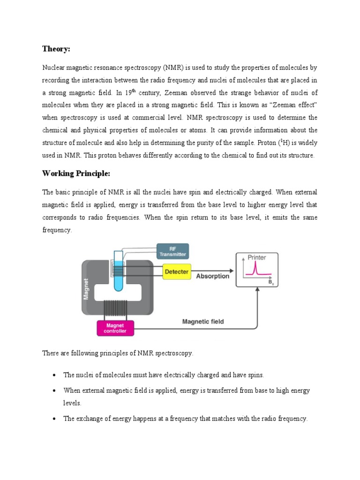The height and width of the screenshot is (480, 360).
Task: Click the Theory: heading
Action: pos(56,49)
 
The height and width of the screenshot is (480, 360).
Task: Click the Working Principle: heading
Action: pos(76,173)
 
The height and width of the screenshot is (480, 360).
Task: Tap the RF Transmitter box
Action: pos(172,251)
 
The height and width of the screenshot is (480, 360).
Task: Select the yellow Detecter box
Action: pos(177,272)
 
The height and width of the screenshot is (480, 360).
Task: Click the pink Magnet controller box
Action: pos(115,328)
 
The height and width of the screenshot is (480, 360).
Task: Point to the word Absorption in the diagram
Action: pos(212,276)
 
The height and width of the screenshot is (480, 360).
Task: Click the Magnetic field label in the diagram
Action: pos(202,322)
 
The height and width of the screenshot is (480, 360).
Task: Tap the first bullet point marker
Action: pos(54,375)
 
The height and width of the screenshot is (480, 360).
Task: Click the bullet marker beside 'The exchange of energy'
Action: pos(54,419)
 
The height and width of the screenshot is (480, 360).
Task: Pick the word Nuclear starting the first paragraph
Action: pos(54,68)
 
